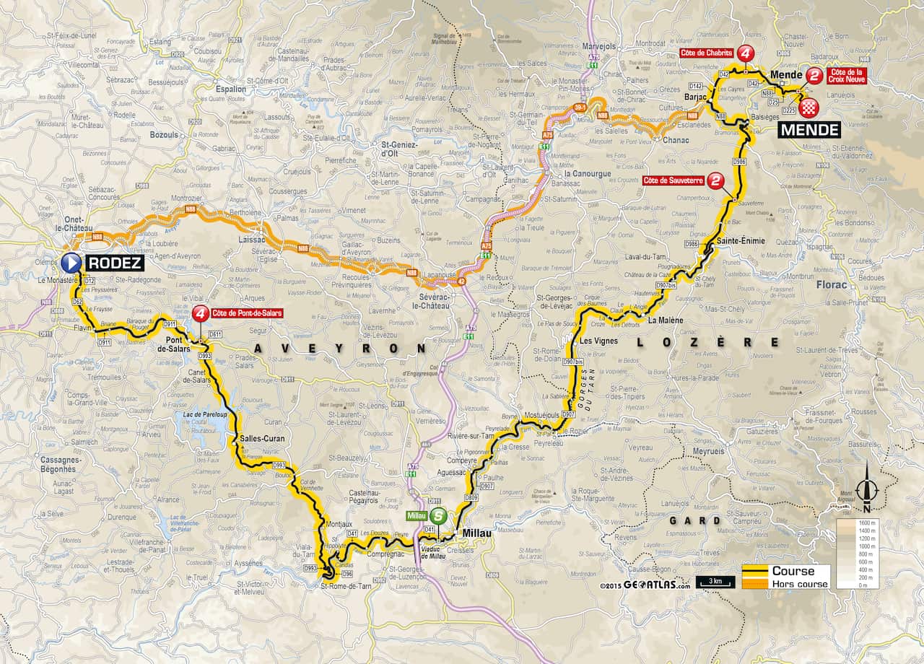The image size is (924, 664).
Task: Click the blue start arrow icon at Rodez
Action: coord(71,263)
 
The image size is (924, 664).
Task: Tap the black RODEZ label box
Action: coord(114,263)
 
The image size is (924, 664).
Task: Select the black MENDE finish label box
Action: coord(809,130)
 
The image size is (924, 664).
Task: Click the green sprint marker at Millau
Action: coord(437,516)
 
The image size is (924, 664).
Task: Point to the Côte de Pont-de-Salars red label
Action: coord(245,313)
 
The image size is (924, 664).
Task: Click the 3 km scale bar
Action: coord(715,582)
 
